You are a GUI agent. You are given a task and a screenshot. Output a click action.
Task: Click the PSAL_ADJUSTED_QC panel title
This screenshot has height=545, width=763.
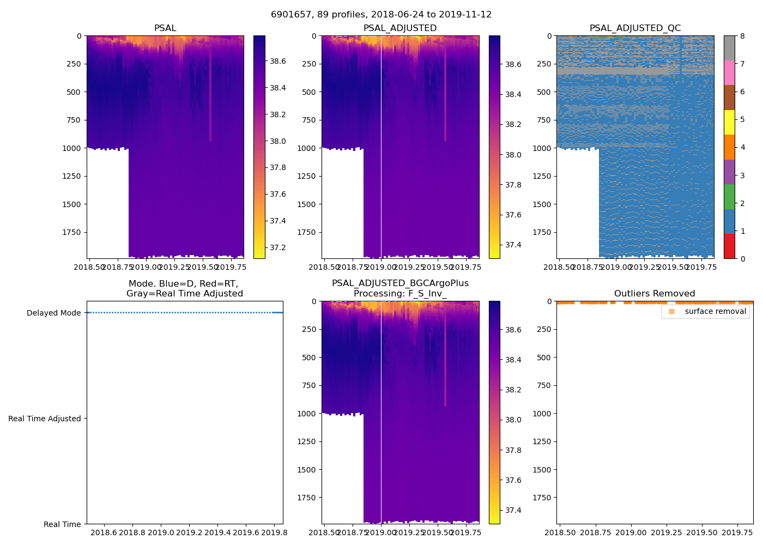click(635, 28)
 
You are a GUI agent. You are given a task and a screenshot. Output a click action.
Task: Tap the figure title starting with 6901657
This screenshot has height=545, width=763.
click(381, 15)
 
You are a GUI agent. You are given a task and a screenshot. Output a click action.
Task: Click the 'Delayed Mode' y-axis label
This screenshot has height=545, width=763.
click(53, 313)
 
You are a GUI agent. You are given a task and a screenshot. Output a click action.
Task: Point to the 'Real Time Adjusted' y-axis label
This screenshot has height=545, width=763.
click(45, 419)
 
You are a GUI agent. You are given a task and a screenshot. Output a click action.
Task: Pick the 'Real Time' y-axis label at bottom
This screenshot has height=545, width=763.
click(62, 524)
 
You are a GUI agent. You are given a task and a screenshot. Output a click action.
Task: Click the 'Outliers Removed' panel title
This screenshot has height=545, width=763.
click(654, 294)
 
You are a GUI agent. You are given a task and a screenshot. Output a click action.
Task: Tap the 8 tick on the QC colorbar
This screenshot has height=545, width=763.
click(743, 36)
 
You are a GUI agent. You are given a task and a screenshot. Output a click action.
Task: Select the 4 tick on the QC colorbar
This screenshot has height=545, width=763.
click(743, 147)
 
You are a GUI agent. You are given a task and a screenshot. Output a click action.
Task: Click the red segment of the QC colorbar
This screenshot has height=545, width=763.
click(729, 246)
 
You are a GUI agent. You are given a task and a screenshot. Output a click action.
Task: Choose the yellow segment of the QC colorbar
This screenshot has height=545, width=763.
click(729, 122)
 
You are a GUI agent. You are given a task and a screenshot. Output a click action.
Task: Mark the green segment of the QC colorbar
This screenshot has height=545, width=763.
click(729, 196)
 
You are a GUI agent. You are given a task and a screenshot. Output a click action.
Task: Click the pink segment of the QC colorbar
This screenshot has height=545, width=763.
click(729, 72)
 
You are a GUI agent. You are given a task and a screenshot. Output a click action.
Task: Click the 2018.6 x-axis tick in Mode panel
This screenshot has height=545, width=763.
click(103, 532)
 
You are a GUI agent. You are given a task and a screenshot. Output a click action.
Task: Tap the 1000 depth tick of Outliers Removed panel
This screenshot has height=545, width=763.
click(543, 414)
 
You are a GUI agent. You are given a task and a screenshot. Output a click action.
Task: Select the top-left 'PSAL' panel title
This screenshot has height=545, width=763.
click(165, 28)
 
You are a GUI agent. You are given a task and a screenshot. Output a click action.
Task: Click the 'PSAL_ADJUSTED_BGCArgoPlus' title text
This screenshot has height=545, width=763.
click(400, 283)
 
